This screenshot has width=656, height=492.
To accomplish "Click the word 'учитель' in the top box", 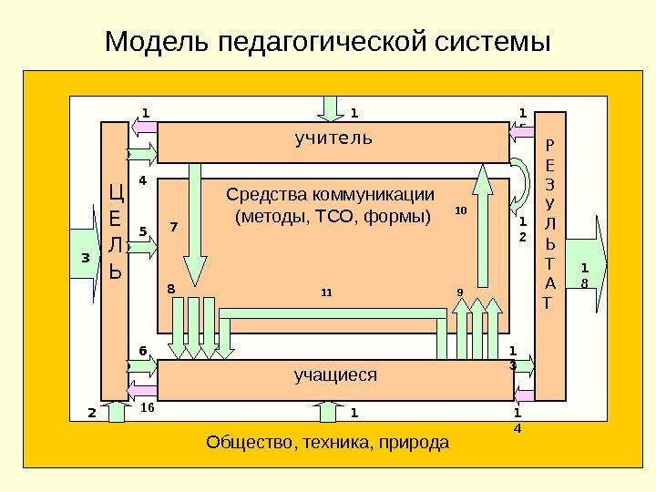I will coord(333,138).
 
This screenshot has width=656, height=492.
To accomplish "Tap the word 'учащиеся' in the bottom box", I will coord(335,374).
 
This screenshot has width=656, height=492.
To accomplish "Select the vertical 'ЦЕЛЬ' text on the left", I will coord(115,231).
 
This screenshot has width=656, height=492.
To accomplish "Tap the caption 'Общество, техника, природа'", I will coord(328,444).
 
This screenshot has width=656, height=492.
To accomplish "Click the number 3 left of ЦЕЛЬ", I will coord(85,258).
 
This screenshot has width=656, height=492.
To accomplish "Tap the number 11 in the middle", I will coord(326,293).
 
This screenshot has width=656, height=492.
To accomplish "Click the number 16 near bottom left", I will coord(149,409).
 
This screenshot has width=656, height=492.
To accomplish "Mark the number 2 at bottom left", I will coord(91,413).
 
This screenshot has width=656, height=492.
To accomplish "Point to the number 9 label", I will coord(460,292).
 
